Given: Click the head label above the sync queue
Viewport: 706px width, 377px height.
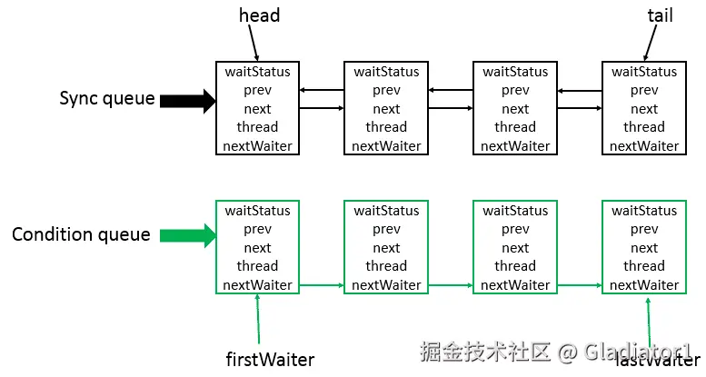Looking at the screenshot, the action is [x=259, y=15].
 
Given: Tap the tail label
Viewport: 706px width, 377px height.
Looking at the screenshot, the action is [x=660, y=15].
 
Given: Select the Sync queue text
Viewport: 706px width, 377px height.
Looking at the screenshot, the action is [x=107, y=99].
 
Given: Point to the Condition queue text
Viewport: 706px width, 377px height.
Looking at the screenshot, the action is [x=81, y=234].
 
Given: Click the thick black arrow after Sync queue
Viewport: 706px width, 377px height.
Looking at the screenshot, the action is [x=188, y=101].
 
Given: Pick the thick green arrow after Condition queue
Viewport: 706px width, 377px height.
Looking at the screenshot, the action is [x=188, y=235].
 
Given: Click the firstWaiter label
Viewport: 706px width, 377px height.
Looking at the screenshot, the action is [x=270, y=360].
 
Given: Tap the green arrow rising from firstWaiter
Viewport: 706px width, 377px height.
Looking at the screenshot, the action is [x=258, y=319].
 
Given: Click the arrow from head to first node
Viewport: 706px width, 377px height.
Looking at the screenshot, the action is [x=254, y=43].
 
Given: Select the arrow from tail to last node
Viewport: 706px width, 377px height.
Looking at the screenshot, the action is [x=650, y=43].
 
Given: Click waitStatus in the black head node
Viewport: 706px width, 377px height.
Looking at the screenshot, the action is [x=257, y=72].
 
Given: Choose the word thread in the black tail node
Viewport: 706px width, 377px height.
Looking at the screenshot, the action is [x=644, y=127].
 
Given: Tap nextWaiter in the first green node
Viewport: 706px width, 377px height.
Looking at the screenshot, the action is [x=257, y=284].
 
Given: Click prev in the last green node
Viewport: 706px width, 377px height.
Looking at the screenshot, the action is [x=644, y=229].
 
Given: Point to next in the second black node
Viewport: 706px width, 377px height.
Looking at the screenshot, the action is [x=386, y=109].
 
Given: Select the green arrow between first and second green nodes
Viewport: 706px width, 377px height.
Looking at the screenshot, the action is [x=322, y=285].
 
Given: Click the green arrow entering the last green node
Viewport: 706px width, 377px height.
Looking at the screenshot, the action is [x=580, y=285].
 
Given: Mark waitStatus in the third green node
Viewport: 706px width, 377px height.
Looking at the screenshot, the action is [x=515, y=211].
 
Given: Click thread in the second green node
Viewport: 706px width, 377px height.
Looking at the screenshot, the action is [x=386, y=266].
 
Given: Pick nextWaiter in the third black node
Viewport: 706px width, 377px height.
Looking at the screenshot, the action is [x=515, y=146].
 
